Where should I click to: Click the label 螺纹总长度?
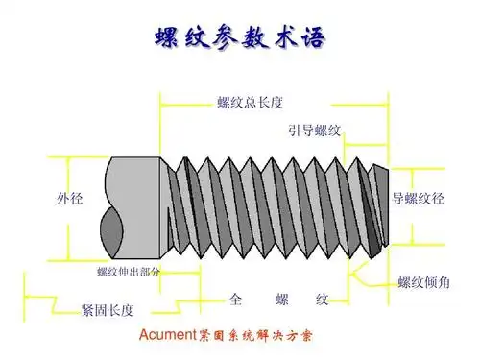(250, 102)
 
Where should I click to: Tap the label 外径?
(69, 200)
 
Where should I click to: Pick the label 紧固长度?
(108, 309)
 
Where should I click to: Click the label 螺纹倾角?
(423, 281)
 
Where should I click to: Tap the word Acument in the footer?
(167, 337)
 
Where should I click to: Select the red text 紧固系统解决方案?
(255, 337)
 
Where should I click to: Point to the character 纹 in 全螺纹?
(323, 300)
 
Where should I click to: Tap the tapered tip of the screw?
(376, 206)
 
